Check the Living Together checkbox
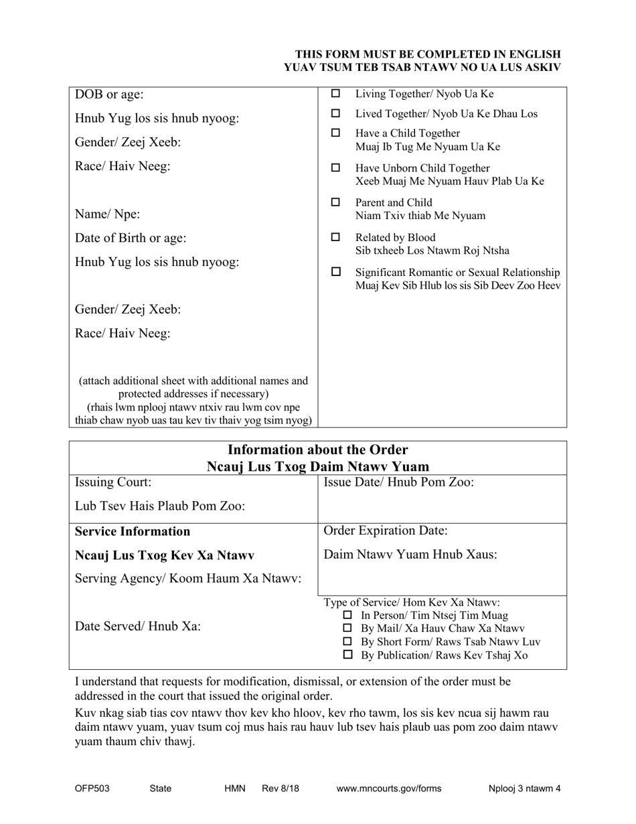click(x=336, y=94)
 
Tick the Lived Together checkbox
click(x=336, y=114)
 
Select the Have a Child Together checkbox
click(x=336, y=133)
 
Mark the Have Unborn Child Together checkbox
click(x=336, y=168)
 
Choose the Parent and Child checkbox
click(x=336, y=202)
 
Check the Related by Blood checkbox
click(x=336, y=237)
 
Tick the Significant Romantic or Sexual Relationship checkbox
click(x=336, y=272)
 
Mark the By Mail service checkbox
click(x=347, y=628)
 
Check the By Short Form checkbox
click(x=347, y=642)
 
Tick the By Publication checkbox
click(x=347, y=655)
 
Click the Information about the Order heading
click(x=318, y=450)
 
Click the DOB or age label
click(x=109, y=94)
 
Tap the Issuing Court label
click(x=113, y=482)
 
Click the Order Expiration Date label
click(x=386, y=531)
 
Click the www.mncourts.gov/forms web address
click(x=388, y=788)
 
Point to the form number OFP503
click(x=92, y=788)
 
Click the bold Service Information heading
click(x=133, y=531)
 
